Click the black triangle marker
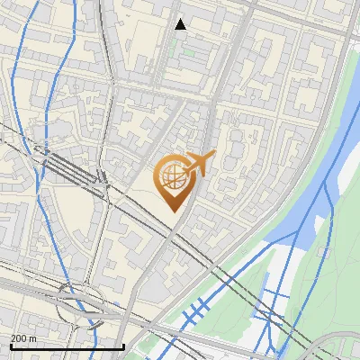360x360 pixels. [x=180, y=24]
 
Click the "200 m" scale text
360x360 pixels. [x=23, y=338]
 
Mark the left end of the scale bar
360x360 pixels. [x=10, y=346]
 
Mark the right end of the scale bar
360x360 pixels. [x=123, y=346]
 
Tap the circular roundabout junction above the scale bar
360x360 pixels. [x=70, y=301]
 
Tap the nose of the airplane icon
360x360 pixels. [x=214, y=156]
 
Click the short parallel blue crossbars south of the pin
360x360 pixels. [x=196, y=311]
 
